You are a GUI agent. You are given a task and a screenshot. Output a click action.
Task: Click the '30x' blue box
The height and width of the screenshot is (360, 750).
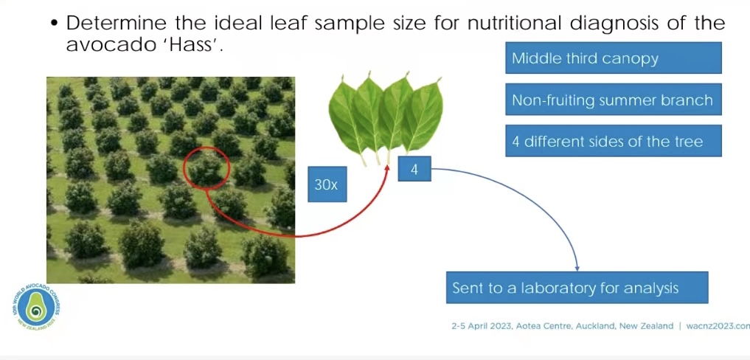click(327, 184)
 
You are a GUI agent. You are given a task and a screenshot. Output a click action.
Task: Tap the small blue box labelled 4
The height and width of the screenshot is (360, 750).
click(414, 169)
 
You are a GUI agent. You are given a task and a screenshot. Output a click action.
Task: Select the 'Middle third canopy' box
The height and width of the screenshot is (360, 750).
click(614, 58)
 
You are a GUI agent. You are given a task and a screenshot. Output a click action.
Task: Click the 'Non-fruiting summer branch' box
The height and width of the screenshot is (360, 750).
click(614, 100)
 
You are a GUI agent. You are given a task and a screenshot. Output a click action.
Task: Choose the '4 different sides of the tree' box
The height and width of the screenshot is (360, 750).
click(614, 141)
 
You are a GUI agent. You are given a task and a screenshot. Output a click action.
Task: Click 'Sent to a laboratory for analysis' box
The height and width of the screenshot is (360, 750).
click(577, 288)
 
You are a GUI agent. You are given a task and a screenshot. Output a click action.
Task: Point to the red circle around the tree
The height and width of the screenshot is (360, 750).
click(184, 167)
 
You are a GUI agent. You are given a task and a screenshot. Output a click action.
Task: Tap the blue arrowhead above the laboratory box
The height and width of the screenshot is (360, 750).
click(577, 269)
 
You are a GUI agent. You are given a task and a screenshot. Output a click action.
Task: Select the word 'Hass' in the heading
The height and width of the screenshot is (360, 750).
click(195, 46)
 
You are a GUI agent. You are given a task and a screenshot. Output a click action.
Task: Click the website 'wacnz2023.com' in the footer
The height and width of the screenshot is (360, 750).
click(718, 326)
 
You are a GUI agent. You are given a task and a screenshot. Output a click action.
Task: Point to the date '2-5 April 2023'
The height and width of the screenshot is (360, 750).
click(481, 326)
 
